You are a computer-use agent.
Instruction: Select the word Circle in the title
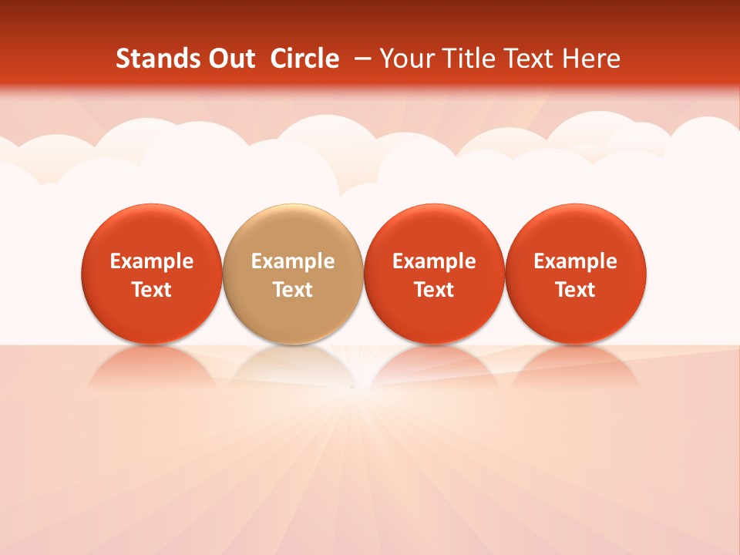click(x=304, y=59)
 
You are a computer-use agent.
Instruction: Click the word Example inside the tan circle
click(x=293, y=261)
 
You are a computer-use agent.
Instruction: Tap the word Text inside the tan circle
click(x=293, y=290)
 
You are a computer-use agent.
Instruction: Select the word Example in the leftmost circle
click(x=152, y=261)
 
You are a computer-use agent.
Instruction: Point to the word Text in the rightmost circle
click(x=576, y=290)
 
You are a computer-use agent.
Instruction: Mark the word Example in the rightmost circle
click(x=576, y=261)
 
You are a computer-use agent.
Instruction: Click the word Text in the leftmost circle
click(x=152, y=290)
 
